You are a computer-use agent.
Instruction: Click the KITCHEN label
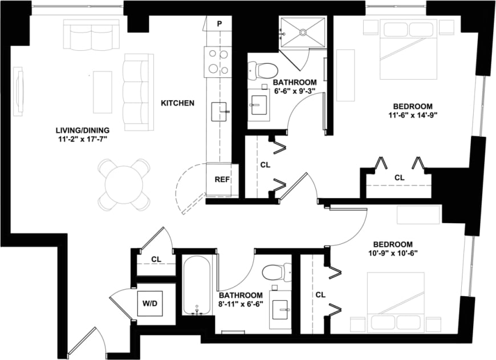177,103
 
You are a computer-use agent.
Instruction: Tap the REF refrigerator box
222,179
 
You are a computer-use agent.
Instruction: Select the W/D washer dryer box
149,302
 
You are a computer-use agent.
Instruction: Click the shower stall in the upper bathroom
303,33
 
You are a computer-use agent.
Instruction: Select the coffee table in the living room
103,92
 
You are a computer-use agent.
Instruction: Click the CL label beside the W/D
155,260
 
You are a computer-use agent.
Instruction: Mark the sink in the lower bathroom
281,309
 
